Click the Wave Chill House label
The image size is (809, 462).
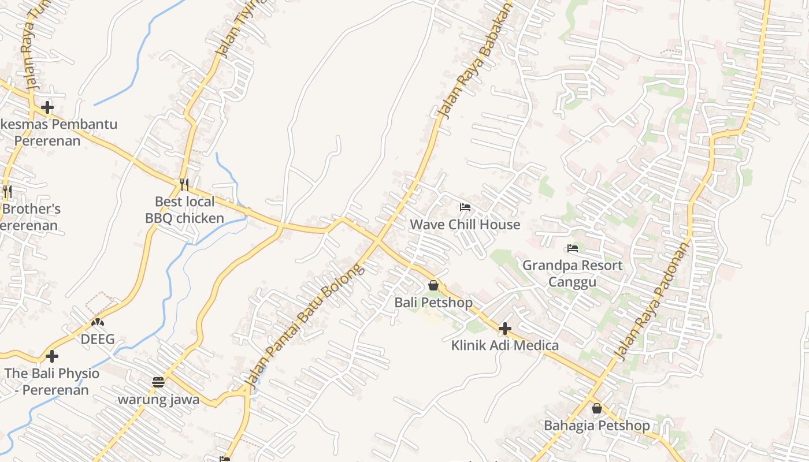[465, 224]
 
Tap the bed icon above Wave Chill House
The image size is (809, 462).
[465, 207]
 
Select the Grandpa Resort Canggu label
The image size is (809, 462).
[572, 273]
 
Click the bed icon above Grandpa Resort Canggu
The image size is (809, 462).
[573, 248]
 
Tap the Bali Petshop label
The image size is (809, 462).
[433, 302]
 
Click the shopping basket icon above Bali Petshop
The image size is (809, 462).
[433, 285]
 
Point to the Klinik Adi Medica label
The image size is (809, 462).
[504, 345]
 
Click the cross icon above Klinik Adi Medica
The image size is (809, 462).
[505, 329]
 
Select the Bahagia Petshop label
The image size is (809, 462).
[596, 426]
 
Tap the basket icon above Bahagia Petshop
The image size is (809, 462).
[597, 408]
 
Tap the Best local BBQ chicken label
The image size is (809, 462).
[184, 210]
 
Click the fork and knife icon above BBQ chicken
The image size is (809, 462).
[184, 185]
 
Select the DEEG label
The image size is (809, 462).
[97, 339]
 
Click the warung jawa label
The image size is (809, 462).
[158, 399]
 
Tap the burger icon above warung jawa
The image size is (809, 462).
[158, 382]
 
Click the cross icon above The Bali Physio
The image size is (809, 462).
[52, 356]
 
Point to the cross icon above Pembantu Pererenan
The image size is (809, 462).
[47, 107]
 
